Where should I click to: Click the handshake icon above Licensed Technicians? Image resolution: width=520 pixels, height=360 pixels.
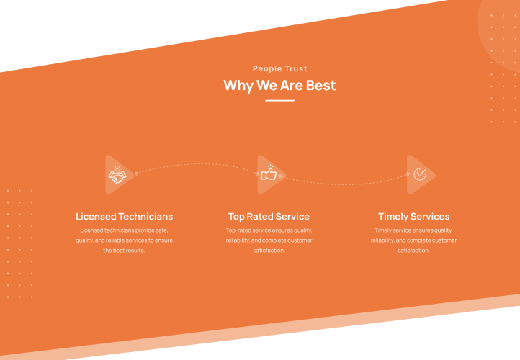point(117,175)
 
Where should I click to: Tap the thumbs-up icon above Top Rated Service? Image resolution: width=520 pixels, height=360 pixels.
point(269,174)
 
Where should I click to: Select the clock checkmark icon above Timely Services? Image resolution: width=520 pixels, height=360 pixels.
point(418,174)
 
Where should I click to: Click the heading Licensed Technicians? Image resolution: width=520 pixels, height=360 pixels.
point(125,216)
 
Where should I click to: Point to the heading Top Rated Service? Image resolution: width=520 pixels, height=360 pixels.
point(269,216)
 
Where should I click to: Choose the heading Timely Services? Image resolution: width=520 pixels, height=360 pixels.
point(413,216)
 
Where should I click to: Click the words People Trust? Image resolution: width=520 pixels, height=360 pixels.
point(280,69)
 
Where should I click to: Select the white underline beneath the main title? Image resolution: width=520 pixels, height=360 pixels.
point(279,101)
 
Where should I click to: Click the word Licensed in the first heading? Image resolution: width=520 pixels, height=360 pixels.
point(96,216)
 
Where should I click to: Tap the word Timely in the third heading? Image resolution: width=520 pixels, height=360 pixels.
point(395,216)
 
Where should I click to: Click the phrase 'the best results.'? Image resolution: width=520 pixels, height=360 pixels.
point(125,251)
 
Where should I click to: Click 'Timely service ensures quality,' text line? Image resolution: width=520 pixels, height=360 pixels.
point(413,230)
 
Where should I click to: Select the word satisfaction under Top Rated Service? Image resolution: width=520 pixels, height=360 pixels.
point(269,251)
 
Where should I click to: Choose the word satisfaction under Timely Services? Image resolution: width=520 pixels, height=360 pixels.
point(413,251)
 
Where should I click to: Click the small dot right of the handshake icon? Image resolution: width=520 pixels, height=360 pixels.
point(136,174)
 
